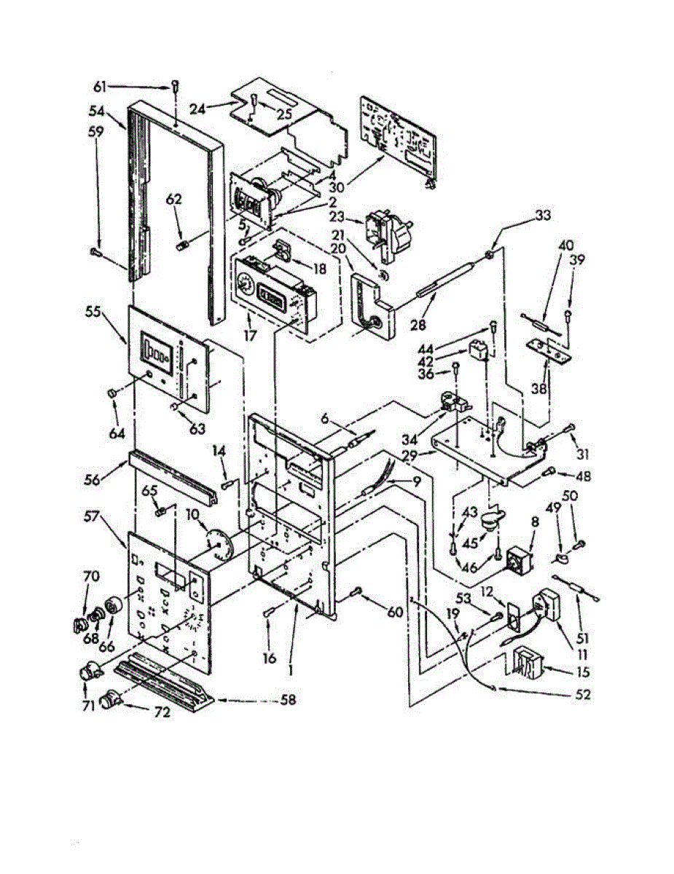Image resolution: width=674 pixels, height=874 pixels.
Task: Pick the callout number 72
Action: click(x=161, y=713)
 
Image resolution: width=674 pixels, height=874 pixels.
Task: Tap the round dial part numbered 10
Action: click(x=219, y=543)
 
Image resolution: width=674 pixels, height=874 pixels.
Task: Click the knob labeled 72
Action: click(x=113, y=698)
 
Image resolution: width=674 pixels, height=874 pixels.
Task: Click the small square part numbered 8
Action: click(x=518, y=561)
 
